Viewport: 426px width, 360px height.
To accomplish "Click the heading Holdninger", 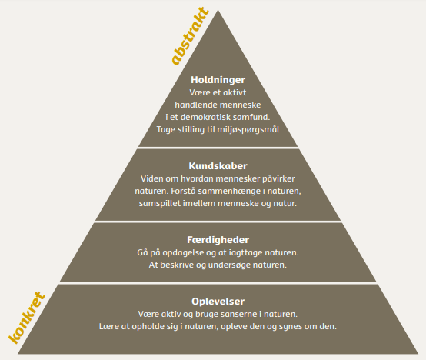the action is coord(218,80).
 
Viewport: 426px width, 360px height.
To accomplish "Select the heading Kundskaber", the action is coord(218,166).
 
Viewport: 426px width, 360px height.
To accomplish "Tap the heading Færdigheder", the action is coord(218,240).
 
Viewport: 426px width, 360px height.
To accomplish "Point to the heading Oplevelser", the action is coord(218,302).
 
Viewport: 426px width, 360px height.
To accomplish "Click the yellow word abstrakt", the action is coord(190,37).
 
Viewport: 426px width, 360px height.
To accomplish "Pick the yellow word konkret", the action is coord(27,318).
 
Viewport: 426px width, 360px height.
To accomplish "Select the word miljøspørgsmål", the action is coord(248,129).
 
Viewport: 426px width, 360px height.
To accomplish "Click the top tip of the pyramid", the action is coord(218,10).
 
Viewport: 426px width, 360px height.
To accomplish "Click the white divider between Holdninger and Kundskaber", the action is coord(218,148).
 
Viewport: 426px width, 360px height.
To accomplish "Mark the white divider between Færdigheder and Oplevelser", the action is coord(218,283).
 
